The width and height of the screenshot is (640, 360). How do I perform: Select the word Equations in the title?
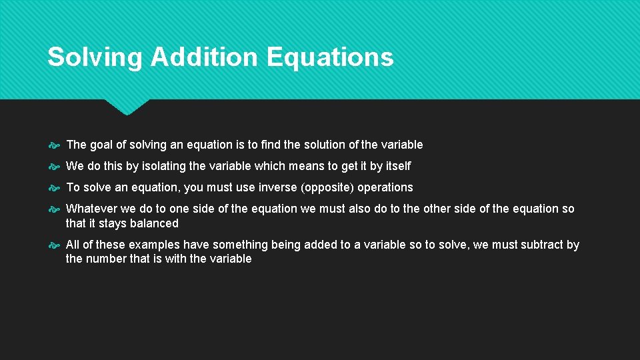(x=330, y=57)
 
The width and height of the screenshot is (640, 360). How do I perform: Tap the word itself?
(x=399, y=166)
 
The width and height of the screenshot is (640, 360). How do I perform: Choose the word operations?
(x=385, y=187)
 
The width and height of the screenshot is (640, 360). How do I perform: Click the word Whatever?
(x=92, y=209)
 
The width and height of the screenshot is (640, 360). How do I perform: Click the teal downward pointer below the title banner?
(x=127, y=107)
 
